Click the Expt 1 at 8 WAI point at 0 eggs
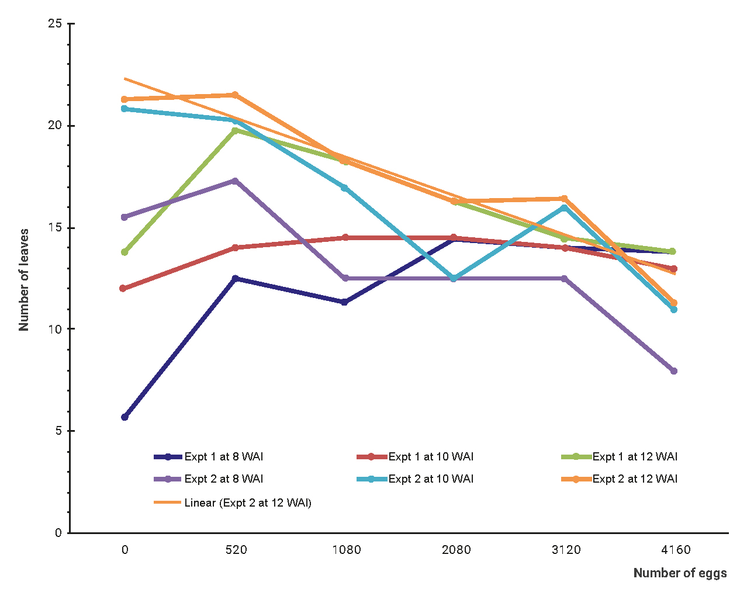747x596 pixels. click(124, 417)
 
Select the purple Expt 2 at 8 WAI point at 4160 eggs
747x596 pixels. click(674, 371)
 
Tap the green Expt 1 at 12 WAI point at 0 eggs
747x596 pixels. click(124, 252)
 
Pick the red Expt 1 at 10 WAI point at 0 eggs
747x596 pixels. click(123, 288)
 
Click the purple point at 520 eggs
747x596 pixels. click(235, 181)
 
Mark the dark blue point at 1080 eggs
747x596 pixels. click(345, 302)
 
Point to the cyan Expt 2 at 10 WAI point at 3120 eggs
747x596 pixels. click(565, 207)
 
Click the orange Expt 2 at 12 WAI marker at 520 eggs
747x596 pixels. click(235, 95)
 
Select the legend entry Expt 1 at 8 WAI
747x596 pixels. click(223, 457)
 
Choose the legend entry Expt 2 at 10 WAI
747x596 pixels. click(430, 479)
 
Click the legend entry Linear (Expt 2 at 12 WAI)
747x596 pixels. click(247, 503)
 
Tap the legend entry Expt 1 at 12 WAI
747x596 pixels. click(634, 457)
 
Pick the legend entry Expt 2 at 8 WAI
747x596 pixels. click(223, 479)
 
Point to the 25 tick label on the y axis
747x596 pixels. click(54, 24)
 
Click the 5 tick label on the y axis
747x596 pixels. click(58, 431)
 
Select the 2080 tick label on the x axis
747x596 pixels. click(456, 550)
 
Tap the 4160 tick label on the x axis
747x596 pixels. click(676, 550)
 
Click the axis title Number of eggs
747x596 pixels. click(680, 573)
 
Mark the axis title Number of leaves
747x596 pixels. click(24, 280)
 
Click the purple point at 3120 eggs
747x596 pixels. click(565, 279)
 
